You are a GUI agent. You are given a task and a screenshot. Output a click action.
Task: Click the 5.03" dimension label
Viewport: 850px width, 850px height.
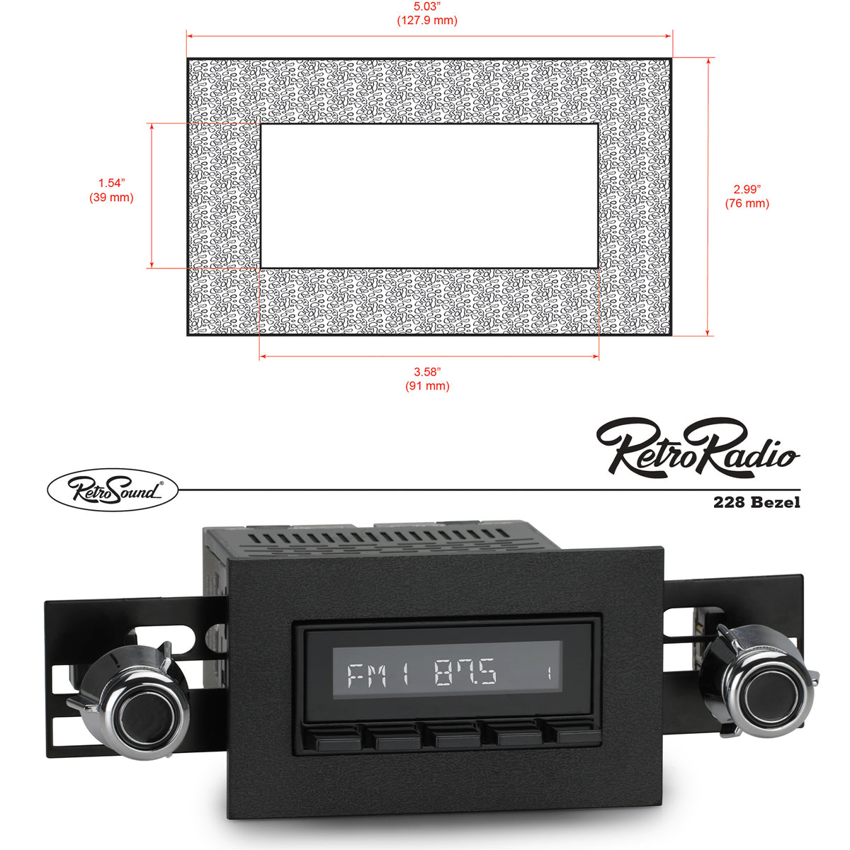point(426,6)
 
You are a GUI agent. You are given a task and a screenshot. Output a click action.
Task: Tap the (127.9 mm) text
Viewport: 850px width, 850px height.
point(427,21)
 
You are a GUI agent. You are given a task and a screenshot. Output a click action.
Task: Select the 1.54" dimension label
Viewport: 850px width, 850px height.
point(111,183)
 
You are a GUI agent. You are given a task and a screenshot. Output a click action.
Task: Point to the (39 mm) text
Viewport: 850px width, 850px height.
point(111,197)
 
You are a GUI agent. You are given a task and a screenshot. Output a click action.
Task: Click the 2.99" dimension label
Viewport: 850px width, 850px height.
point(747,189)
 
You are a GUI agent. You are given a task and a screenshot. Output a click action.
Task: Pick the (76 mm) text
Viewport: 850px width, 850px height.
point(747,203)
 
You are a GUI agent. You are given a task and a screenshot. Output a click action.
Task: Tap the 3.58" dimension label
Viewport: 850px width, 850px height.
point(427,372)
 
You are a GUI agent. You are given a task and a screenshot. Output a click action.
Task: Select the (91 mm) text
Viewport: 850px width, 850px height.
point(427,386)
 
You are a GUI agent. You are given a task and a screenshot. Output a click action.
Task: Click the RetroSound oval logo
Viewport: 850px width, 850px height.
point(113,489)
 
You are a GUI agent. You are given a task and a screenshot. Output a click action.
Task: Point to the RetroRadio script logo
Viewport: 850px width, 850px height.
point(698,448)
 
